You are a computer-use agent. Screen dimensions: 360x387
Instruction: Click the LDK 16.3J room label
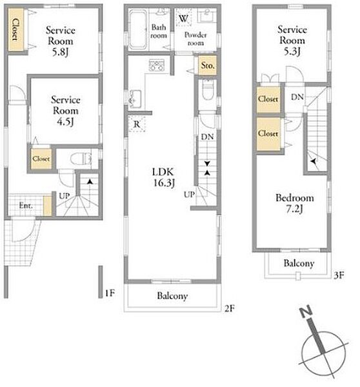[x=163, y=177]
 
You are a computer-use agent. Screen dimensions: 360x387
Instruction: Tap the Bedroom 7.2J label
[x=295, y=203]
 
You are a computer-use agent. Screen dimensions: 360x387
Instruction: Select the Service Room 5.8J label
[x=61, y=41]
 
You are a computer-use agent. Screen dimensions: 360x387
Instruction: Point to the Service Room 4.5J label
[x=66, y=110]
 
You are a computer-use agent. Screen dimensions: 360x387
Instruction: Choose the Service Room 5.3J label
[x=292, y=41]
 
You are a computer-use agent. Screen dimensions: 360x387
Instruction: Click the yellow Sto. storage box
[x=208, y=65]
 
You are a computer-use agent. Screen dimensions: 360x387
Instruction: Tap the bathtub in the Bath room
[x=138, y=29]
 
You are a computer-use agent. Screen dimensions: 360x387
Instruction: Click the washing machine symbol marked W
[x=184, y=17]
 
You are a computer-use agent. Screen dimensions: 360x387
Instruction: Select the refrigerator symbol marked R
[x=137, y=124]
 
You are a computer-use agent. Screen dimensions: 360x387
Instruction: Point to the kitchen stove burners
[x=156, y=65]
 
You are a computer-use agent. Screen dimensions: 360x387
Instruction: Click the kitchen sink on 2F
[x=135, y=99]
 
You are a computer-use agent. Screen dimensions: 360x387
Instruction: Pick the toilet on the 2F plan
[x=208, y=90]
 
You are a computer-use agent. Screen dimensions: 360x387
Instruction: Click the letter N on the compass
[x=306, y=312]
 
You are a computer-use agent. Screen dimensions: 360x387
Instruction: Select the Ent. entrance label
[x=26, y=205]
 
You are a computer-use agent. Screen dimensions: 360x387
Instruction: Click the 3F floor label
[x=339, y=275]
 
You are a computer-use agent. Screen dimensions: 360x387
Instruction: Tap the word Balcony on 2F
[x=172, y=295]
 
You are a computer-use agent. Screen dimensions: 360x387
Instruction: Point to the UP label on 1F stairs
[x=65, y=196]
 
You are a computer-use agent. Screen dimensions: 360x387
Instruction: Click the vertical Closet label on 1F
[x=15, y=30]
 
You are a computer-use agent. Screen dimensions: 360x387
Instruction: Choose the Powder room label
[x=195, y=39]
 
